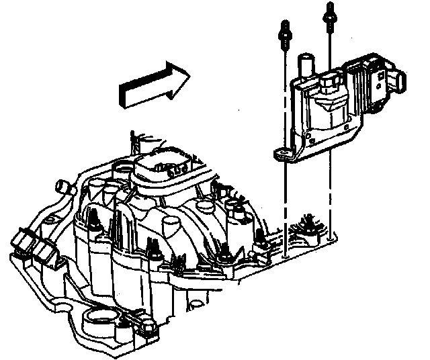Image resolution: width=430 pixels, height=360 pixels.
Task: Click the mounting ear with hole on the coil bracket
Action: click(283, 154)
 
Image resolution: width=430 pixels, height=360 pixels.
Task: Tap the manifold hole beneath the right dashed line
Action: click(331, 236)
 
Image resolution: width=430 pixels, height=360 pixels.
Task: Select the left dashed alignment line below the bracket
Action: click(286, 201)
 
